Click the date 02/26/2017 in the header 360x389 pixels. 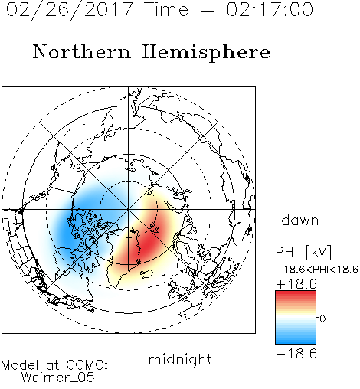(x=70, y=9)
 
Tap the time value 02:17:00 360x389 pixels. (x=270, y=9)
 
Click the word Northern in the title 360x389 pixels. (x=82, y=52)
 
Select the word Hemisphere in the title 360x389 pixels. (x=206, y=52)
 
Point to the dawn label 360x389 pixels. (x=300, y=221)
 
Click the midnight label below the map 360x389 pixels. (x=180, y=359)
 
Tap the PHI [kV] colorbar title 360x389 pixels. (x=303, y=252)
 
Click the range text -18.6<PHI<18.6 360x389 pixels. (x=317, y=270)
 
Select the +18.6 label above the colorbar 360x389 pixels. (x=296, y=284)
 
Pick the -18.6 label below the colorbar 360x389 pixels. (x=296, y=354)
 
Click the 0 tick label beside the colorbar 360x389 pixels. (x=322, y=319)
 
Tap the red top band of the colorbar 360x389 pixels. (x=296, y=296)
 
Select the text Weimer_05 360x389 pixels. (x=58, y=378)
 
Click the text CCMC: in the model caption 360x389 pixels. (x=87, y=365)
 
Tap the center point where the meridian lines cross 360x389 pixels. (x=129, y=209)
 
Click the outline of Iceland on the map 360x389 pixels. (x=146, y=273)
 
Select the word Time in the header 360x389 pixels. (x=166, y=9)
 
